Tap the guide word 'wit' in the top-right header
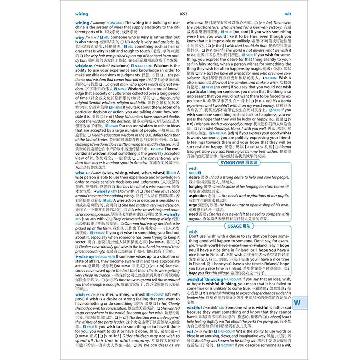pyautogui.click(x=288, y=14)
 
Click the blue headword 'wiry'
pyautogui.click(x=80, y=37)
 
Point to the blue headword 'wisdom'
pyautogui.click(x=84, y=66)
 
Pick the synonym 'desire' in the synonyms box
pyautogui.click(x=194, y=177)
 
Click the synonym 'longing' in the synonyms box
pyautogui.click(x=196, y=186)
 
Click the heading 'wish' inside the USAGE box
pyautogui.click(x=193, y=232)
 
